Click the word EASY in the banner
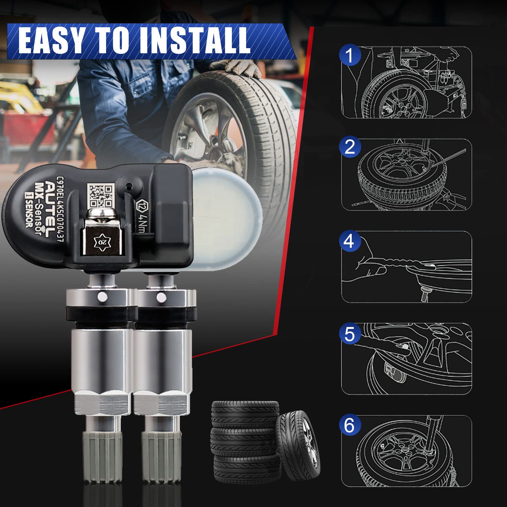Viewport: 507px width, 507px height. pos(53,40)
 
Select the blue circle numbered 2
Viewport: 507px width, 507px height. pos(350,147)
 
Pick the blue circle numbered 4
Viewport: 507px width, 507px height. pos(349,241)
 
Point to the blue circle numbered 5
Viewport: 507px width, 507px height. pos(350,334)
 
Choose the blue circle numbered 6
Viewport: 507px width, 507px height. pos(350,425)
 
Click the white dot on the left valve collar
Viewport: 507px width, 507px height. pos(102,297)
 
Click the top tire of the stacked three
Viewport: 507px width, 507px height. pos(245,414)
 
